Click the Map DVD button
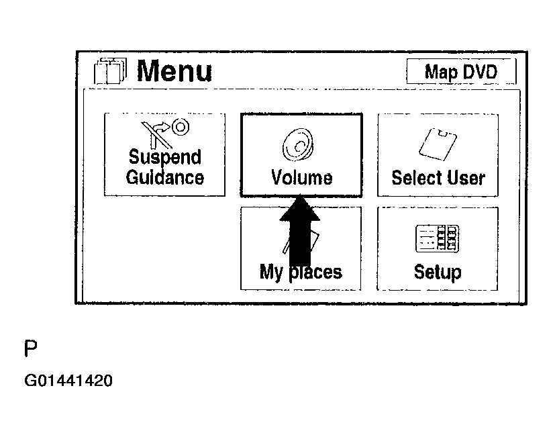coord(461,71)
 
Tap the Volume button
coord(301,154)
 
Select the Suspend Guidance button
coord(164,154)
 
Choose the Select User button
coord(438,154)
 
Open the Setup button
coord(438,248)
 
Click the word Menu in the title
coord(174,71)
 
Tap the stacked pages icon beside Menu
coord(110,71)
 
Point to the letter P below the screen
coord(31,349)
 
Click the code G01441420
coord(68,381)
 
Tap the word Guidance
coord(164,178)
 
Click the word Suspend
coord(164,158)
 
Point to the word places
coord(317,272)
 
